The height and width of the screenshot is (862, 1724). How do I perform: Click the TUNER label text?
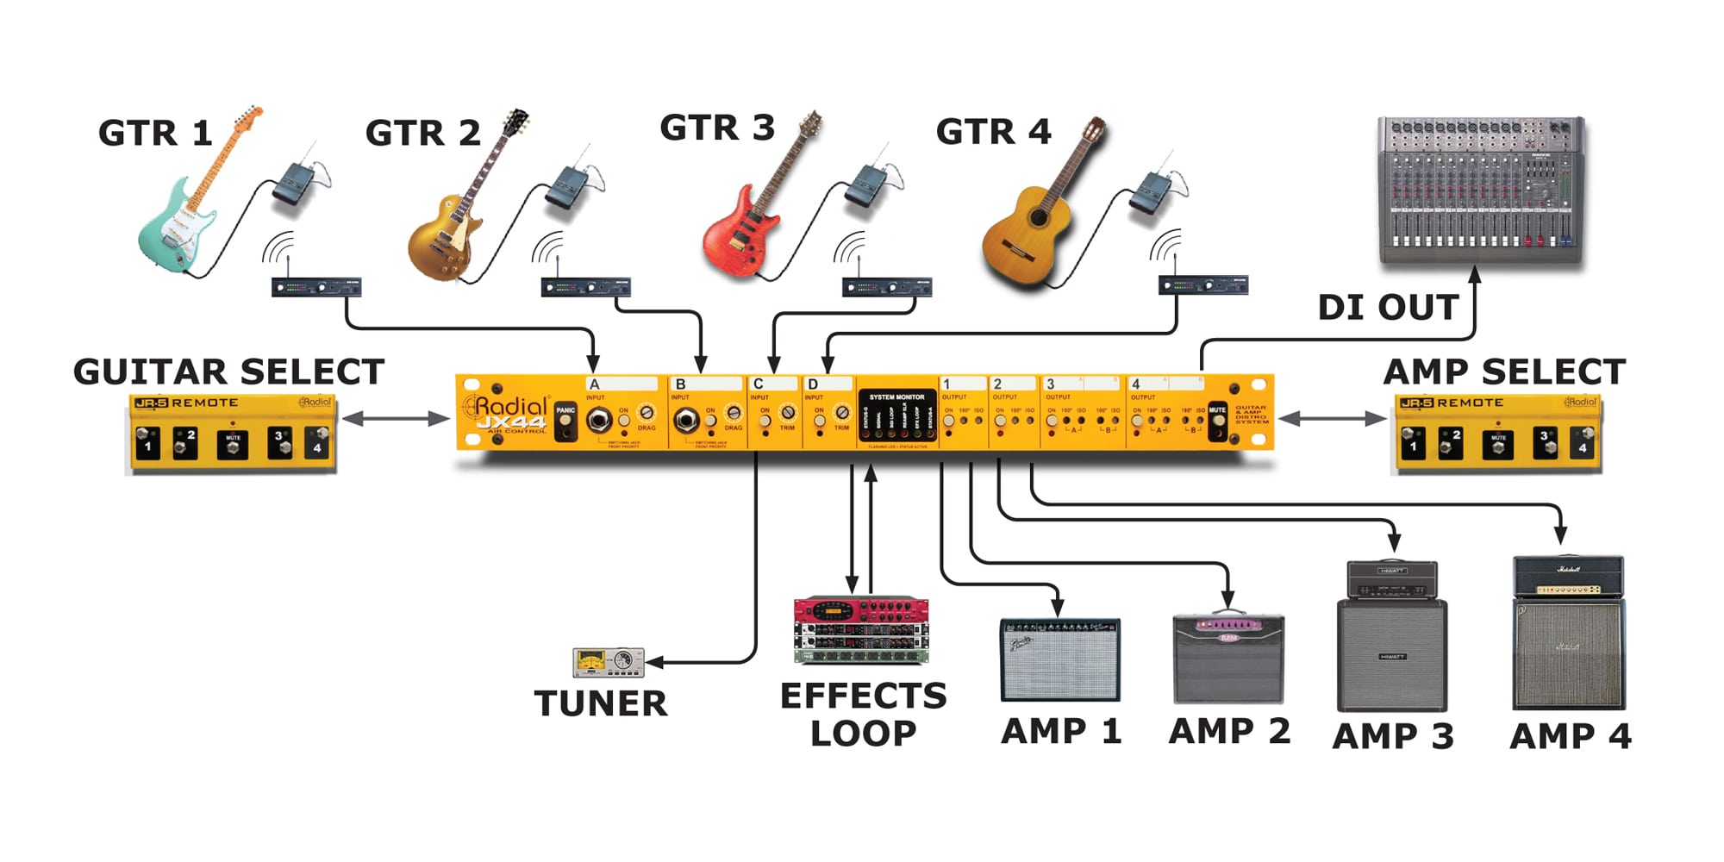pos(601,703)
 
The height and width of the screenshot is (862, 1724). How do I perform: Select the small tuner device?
pos(608,662)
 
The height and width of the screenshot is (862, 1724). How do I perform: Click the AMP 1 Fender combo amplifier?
pos(1059,659)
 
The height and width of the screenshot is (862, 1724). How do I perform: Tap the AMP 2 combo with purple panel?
pos(1228,659)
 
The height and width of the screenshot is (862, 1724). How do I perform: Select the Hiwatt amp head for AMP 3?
pos(1391,578)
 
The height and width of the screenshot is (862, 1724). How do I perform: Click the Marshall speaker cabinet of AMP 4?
pos(1569,655)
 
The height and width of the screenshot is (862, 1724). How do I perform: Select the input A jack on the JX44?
pos(598,421)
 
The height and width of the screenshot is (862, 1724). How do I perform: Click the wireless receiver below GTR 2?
pos(585,287)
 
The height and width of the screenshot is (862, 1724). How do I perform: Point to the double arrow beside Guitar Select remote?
pos(396,419)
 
